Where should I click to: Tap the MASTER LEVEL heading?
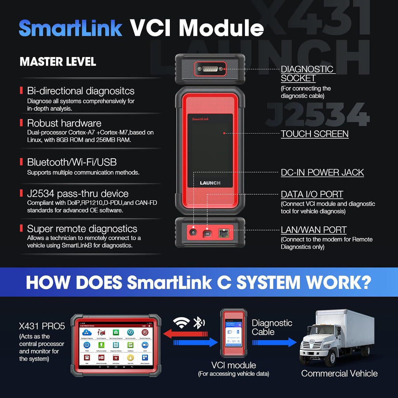[57, 62]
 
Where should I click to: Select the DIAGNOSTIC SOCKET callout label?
[307, 73]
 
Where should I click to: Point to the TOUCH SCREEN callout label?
[314, 134]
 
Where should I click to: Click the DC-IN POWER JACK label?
[322, 172]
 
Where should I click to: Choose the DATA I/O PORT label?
[312, 194]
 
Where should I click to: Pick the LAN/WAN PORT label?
[314, 230]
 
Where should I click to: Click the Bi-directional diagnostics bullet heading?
[80, 91]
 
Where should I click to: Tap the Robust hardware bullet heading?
[64, 123]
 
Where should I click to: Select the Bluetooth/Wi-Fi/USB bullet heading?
[72, 162]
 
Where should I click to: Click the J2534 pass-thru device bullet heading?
[78, 194]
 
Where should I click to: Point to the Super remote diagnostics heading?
[82, 229]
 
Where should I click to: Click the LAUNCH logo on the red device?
[210, 183]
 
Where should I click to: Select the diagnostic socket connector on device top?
[210, 68]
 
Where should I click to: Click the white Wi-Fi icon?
[182, 323]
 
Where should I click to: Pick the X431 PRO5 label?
[42, 327]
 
